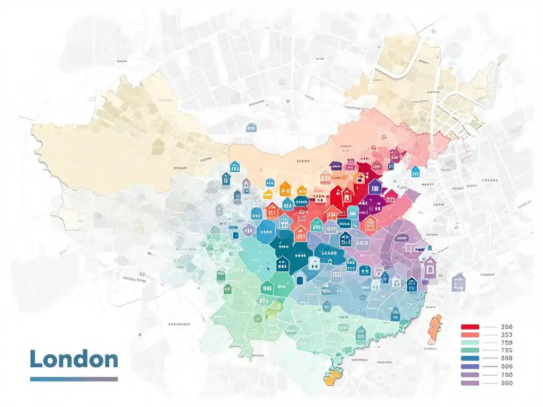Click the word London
pos(74,359)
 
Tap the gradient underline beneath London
pos(74,379)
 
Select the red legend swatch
pos(470,327)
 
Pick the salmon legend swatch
pos(470,335)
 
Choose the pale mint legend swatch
pos(470,343)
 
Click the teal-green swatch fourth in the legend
pos(470,350)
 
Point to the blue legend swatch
pos(470,358)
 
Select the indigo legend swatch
pos(470,366)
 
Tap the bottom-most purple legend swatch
pos(470,383)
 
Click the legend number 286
pos(506,327)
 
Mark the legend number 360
pos(506,383)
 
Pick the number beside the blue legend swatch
pos(506,358)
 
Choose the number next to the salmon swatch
pos(506,335)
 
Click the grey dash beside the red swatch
pos(490,327)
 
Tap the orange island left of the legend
pos(434,328)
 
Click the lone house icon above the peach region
pos(251,127)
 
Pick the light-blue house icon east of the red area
pos(415,171)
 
